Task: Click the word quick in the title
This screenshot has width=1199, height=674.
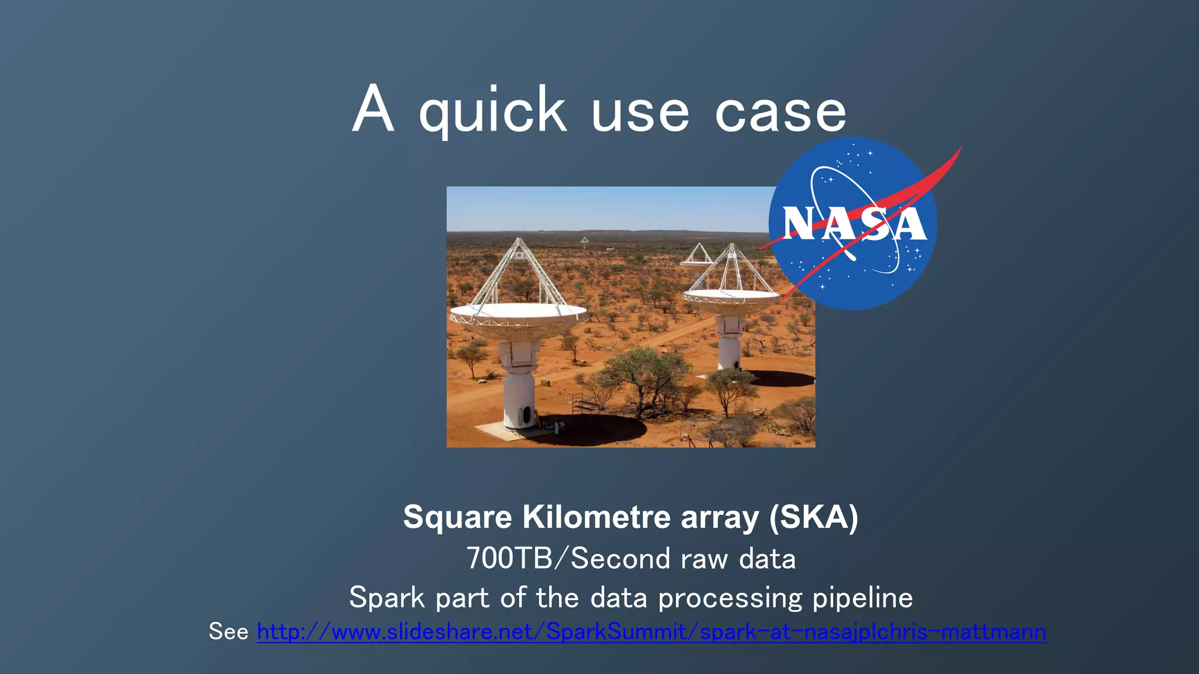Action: point(492,111)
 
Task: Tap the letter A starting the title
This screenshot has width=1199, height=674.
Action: point(372,110)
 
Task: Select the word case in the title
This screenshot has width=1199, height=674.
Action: point(780,112)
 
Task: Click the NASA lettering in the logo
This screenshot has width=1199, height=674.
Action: point(854,224)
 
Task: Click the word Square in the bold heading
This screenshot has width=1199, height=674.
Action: point(457,517)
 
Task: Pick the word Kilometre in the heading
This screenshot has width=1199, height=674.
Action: point(597,517)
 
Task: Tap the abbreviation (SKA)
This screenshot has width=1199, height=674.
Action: point(814,517)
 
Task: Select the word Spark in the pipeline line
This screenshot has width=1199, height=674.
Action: point(387,598)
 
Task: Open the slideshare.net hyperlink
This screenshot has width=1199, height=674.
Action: point(651,632)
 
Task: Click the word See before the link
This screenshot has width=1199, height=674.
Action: point(228,632)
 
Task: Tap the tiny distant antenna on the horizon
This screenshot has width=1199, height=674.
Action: point(584,240)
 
